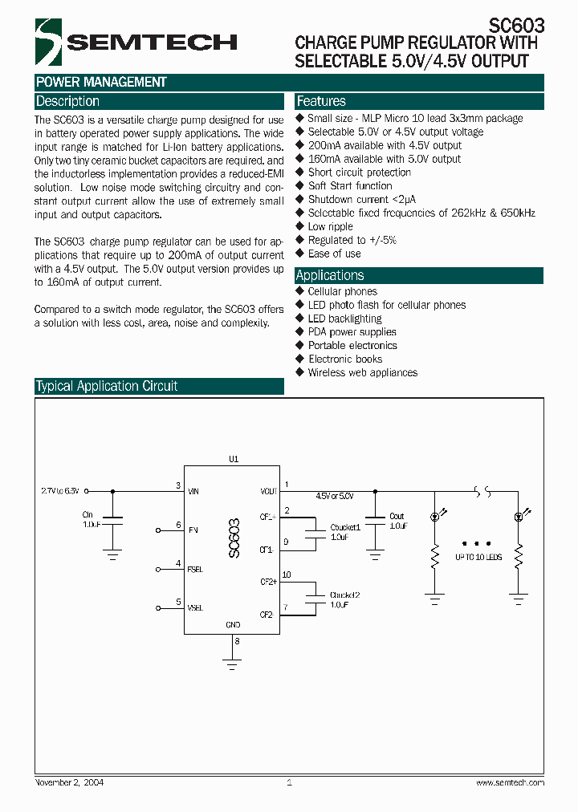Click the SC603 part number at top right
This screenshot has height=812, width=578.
(x=517, y=25)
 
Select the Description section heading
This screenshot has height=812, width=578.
(x=68, y=102)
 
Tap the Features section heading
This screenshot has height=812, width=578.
(x=321, y=102)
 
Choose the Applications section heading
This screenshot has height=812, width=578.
(x=330, y=275)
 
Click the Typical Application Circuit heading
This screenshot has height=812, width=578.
(x=107, y=386)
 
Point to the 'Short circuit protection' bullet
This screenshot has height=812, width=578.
(x=359, y=173)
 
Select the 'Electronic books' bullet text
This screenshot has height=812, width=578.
(x=345, y=359)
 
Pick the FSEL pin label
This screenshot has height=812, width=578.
(x=195, y=569)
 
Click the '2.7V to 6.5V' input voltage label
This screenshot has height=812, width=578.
(x=60, y=489)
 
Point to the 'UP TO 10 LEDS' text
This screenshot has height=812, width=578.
(x=478, y=556)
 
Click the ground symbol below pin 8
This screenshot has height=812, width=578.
(x=233, y=663)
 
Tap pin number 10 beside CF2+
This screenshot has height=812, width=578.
(x=287, y=574)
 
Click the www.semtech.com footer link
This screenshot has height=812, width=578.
(x=510, y=782)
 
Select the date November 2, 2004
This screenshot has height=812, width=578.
(x=70, y=782)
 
